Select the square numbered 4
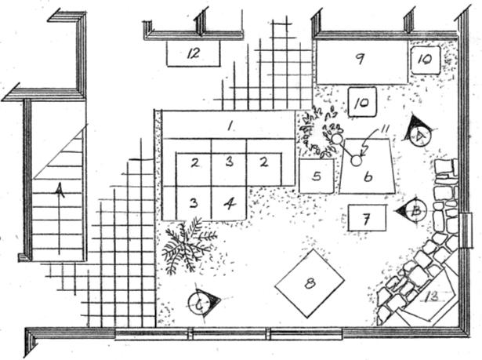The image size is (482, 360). pyautogui.click(x=229, y=202)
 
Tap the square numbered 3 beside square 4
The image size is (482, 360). pyautogui.click(x=194, y=202)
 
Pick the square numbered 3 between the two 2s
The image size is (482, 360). pyautogui.click(x=229, y=162)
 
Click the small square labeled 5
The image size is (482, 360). pyautogui.click(x=317, y=176)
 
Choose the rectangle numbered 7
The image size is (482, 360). pyautogui.click(x=366, y=217)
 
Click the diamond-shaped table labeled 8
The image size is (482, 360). pyautogui.click(x=310, y=282)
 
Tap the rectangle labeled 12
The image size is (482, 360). pyautogui.click(x=193, y=54)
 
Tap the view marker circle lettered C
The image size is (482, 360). pyautogui.click(x=201, y=302)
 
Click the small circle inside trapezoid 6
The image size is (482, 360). pyautogui.click(x=355, y=161)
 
